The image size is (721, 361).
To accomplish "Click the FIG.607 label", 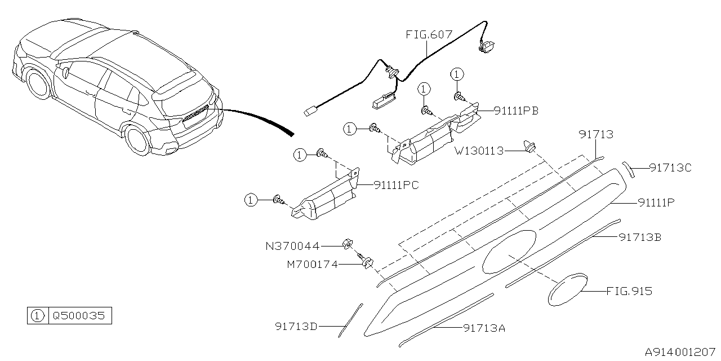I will tap(429, 34).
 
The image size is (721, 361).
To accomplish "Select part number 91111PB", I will tap(516, 111).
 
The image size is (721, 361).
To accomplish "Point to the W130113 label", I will tap(479, 151).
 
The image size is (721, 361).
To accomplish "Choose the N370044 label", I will tap(292, 246).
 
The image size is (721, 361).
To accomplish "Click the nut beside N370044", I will tap(348, 244).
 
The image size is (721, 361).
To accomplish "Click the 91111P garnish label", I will tap(656, 201).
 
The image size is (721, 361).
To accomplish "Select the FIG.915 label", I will tap(629, 291).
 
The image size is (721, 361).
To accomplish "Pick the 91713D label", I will tap(296, 325).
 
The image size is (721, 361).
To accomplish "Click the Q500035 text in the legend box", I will tap(79, 316).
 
